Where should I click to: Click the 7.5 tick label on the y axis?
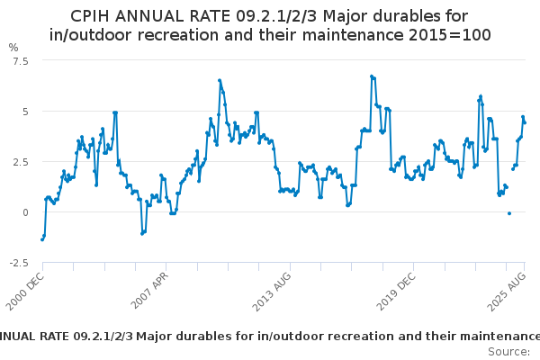point(21,60)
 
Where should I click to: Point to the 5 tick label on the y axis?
point(25,112)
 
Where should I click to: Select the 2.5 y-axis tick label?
point(21,162)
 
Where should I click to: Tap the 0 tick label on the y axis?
point(25,212)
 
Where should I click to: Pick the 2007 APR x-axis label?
point(152,290)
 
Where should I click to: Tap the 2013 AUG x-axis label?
point(273,289)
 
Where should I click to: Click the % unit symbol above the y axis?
point(13,47)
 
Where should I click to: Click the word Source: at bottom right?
point(508,352)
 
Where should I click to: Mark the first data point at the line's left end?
point(41,239)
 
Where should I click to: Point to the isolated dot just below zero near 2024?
point(509,213)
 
